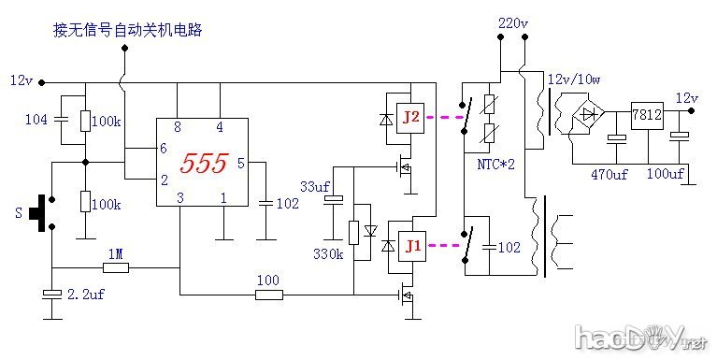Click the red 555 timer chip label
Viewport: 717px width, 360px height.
[204, 164]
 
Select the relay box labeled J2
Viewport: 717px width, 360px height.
[411, 118]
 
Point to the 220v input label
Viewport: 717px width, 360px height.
[514, 22]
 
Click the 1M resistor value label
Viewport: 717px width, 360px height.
[115, 253]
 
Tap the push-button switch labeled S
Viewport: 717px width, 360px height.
[37, 211]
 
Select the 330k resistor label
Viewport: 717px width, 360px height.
[328, 253]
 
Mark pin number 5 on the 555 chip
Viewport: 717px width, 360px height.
[240, 164]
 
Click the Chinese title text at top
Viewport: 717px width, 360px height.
[128, 31]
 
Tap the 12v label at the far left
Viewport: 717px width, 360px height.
[21, 80]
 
